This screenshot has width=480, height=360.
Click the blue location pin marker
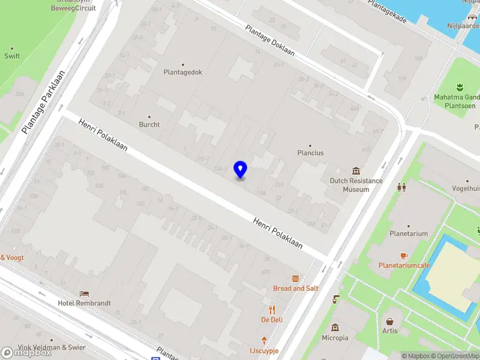pyautogui.click(x=240, y=170)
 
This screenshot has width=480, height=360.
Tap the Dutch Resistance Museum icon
pyautogui.click(x=356, y=172)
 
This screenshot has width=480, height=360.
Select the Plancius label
pyautogui.click(x=310, y=153)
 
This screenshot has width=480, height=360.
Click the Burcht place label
pyautogui.click(x=149, y=125)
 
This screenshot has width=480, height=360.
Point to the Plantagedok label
pyautogui.click(x=183, y=72)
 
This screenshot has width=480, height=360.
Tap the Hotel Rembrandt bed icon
pyautogui.click(x=85, y=293)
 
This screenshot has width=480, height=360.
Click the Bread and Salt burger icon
pyautogui.click(x=295, y=278)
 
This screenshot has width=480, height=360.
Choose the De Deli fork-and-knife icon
pyautogui.click(x=272, y=310)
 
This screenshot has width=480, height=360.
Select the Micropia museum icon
pyautogui.click(x=335, y=328)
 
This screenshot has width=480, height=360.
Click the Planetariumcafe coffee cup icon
pyautogui.click(x=404, y=256)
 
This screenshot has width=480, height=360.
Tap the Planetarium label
pyautogui.click(x=409, y=234)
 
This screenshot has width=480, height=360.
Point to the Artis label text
pyautogui.click(x=390, y=331)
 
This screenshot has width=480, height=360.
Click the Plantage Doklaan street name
pyautogui.click(x=269, y=40)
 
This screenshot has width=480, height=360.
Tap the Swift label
pyautogui.click(x=12, y=56)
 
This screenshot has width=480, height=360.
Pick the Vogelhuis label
pyautogui.click(x=467, y=188)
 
